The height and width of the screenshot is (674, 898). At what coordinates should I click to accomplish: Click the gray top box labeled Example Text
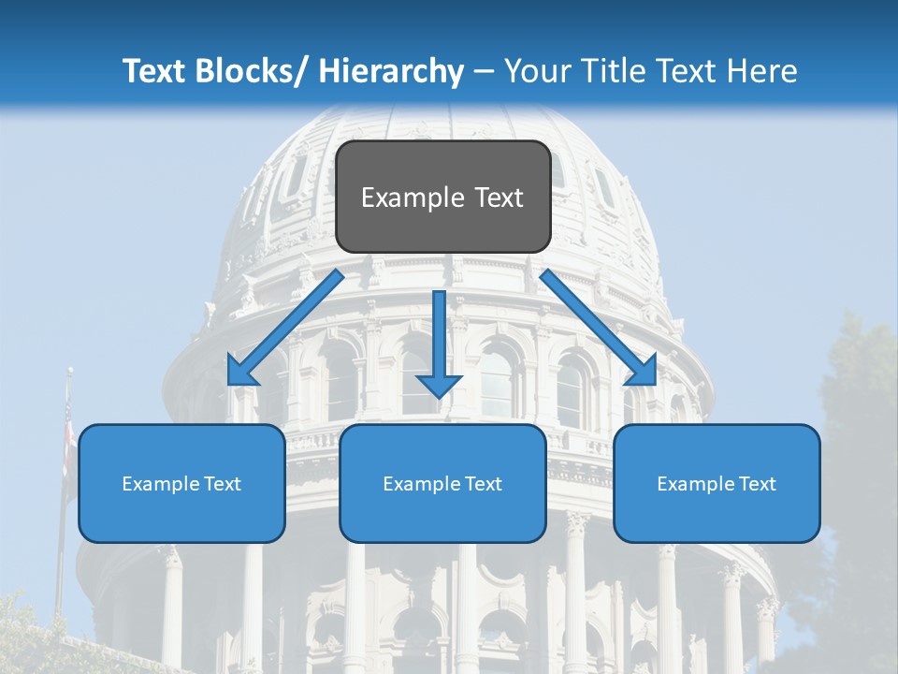[x=442, y=197]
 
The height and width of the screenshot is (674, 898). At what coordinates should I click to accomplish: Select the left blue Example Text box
[x=181, y=483]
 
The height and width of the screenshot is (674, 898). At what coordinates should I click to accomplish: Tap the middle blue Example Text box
[x=442, y=483]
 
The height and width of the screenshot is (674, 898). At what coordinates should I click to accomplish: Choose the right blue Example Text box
[x=717, y=483]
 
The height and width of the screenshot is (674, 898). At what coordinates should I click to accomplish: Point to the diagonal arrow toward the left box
[x=285, y=328]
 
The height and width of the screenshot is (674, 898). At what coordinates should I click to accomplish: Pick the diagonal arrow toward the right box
[x=599, y=328]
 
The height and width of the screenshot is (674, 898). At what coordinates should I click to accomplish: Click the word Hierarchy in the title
[x=391, y=71]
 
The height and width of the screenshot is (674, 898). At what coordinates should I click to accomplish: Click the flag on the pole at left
[x=67, y=440]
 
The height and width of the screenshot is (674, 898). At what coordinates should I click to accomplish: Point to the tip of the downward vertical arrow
[x=439, y=396]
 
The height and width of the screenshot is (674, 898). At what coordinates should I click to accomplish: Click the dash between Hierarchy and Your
[x=484, y=71]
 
